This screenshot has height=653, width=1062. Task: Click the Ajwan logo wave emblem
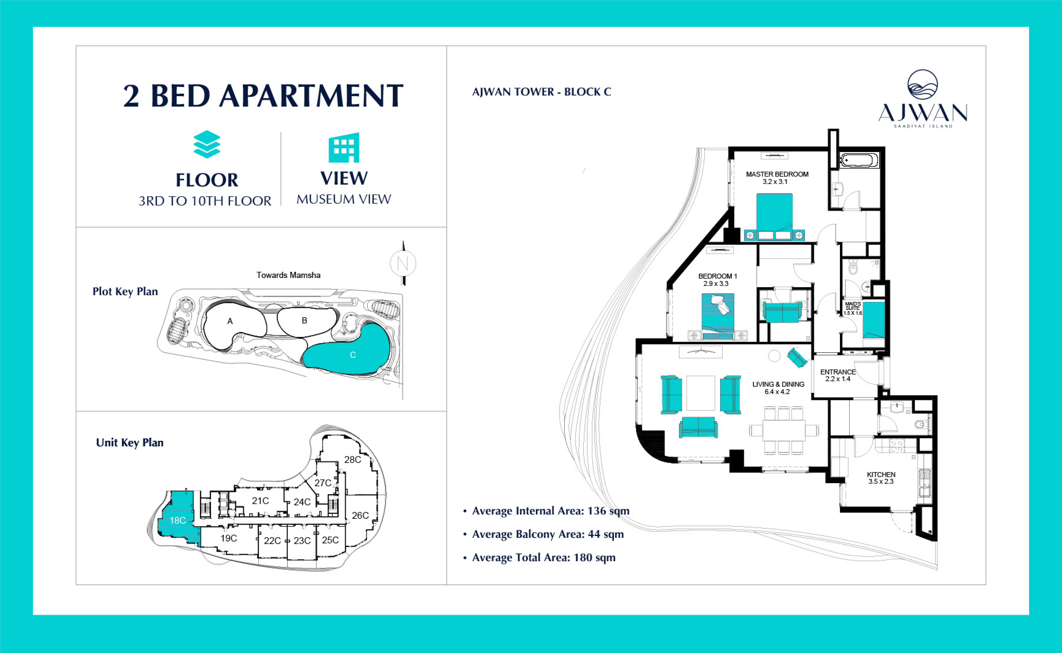[923, 85]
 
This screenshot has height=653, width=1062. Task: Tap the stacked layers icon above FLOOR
[207, 144]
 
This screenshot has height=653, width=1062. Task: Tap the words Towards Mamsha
[288, 275]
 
